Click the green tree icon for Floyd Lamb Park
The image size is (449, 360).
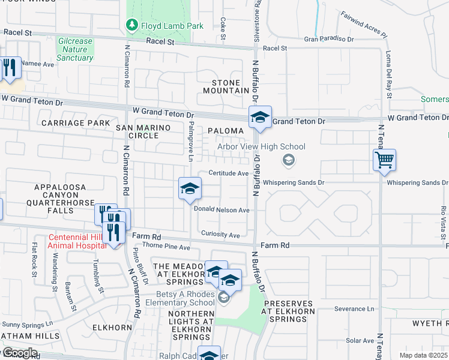pyautogui.click(x=130, y=25)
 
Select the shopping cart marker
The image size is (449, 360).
pyautogui.click(x=384, y=161)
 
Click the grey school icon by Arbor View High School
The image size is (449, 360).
pyautogui.click(x=289, y=160)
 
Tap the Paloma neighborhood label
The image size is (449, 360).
pyautogui.click(x=226, y=130)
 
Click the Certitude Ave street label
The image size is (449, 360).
pyautogui.click(x=228, y=173)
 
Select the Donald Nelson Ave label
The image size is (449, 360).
pyautogui.click(x=221, y=210)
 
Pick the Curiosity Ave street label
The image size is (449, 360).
pyautogui.click(x=221, y=235)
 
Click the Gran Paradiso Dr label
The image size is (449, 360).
pyautogui.click(x=329, y=39)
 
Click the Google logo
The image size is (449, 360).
pyautogui.click(x=20, y=353)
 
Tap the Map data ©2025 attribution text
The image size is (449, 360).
pyautogui.click(x=423, y=355)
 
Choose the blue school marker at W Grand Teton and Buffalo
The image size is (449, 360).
pyautogui.click(x=260, y=118)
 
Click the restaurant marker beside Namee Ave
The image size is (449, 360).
pyautogui.click(x=9, y=69)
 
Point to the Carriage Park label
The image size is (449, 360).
pyautogui.click(x=76, y=123)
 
